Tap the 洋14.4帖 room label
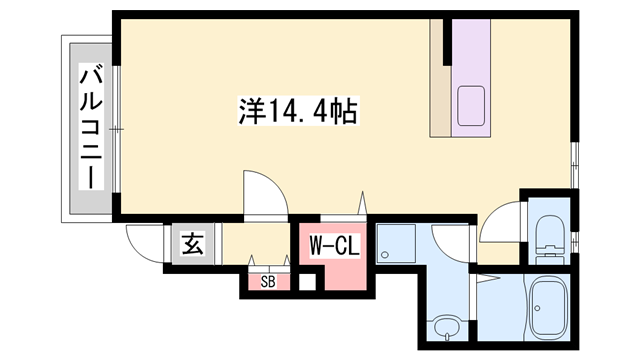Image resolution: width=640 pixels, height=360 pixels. [298, 109]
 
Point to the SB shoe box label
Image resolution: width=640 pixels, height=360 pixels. [268, 282]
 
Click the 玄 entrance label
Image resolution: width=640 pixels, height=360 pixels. [191, 244]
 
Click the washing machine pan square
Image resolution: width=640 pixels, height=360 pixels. [398, 244]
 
